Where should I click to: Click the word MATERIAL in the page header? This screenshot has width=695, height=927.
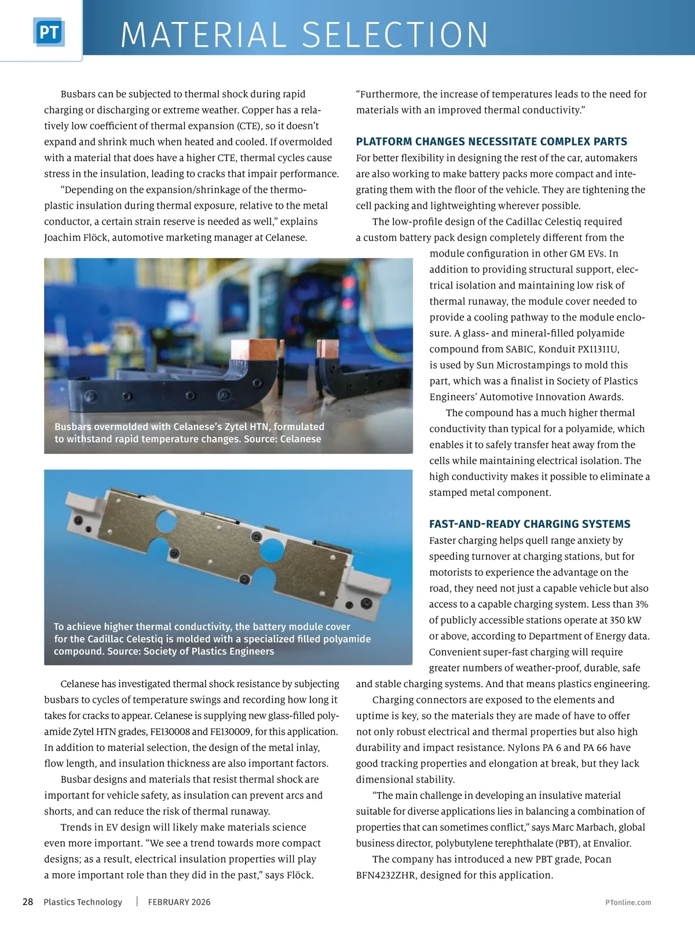[x=203, y=35]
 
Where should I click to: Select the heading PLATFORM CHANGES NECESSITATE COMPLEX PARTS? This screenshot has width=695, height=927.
[x=492, y=142]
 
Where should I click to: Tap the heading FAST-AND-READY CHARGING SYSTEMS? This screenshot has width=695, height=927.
[x=529, y=524]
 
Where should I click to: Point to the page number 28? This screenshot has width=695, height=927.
[x=28, y=902]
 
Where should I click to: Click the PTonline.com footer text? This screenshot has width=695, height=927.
[x=627, y=902]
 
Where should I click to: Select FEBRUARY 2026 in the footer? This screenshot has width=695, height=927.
[x=179, y=902]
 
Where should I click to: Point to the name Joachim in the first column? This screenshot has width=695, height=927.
[x=61, y=238]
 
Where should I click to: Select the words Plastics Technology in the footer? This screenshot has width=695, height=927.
[x=83, y=902]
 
